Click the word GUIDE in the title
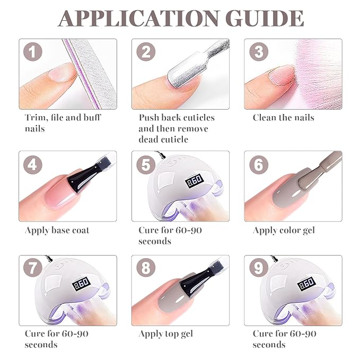click(265, 19)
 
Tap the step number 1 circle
click(33, 51)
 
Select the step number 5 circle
click(146, 164)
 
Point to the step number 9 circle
click(259, 267)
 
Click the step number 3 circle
click(259, 51)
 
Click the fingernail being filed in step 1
click(62, 73)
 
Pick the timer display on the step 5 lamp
click(194, 181)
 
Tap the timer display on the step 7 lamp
click(81, 284)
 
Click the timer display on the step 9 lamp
click(306, 284)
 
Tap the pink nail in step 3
click(282, 76)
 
